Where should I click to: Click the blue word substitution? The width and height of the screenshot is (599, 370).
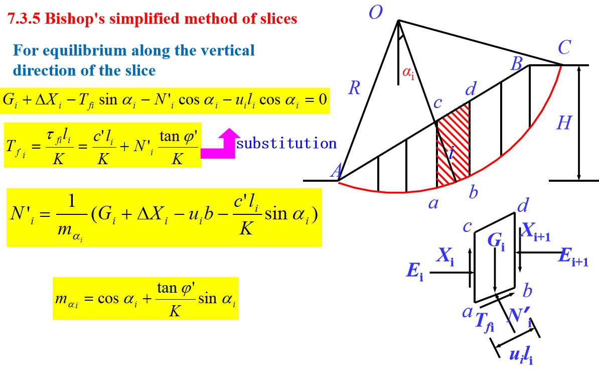pos(286,144)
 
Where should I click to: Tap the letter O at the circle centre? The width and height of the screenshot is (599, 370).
pos(376,12)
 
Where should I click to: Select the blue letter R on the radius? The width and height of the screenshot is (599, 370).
pos(354,89)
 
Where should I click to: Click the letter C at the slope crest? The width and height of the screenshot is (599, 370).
pos(564,49)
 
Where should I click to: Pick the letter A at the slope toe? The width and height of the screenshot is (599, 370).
pos(336,171)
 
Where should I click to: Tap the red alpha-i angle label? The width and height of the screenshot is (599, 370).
pos(408,73)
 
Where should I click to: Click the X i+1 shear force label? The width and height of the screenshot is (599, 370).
pos(535,231)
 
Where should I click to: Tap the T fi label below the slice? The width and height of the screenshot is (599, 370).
pos(484,322)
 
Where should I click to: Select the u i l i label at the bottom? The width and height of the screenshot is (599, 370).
pos(521,355)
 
